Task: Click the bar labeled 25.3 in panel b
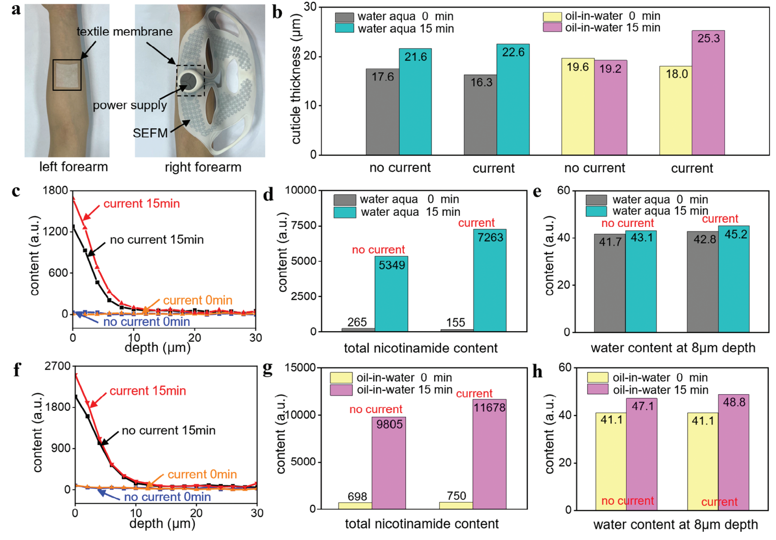click(708, 93)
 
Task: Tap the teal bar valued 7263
click(490, 280)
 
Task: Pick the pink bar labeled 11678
click(489, 454)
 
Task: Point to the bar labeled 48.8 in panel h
click(733, 452)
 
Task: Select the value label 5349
click(392, 265)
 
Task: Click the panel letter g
click(268, 369)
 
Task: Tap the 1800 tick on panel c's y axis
click(55, 190)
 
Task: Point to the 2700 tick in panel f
click(57, 366)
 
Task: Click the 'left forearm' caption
click(73, 167)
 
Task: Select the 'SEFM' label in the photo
click(150, 133)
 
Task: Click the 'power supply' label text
click(130, 105)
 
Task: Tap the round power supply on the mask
click(191, 82)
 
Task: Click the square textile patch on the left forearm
click(67, 75)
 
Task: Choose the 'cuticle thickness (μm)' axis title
click(296, 79)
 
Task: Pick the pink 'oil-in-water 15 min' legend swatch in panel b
click(552, 28)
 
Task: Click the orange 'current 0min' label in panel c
click(197, 300)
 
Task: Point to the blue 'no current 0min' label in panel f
click(167, 497)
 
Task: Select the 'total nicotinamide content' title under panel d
click(420, 348)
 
